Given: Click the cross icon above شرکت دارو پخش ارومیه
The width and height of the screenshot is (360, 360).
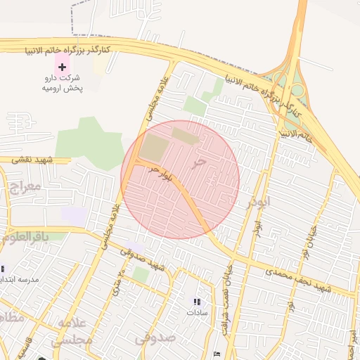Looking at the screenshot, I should [x=63, y=67].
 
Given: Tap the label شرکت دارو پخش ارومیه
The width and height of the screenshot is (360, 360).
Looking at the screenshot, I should [x=62, y=83].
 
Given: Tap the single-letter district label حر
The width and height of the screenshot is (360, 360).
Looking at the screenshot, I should [x=200, y=162].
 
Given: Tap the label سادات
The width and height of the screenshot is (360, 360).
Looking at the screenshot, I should [x=197, y=312].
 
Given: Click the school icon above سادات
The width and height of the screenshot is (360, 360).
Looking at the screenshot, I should [x=197, y=302].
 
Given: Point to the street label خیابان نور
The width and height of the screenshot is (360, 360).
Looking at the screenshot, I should [x=310, y=239].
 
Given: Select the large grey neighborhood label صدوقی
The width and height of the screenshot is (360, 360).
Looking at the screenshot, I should [x=153, y=338].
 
